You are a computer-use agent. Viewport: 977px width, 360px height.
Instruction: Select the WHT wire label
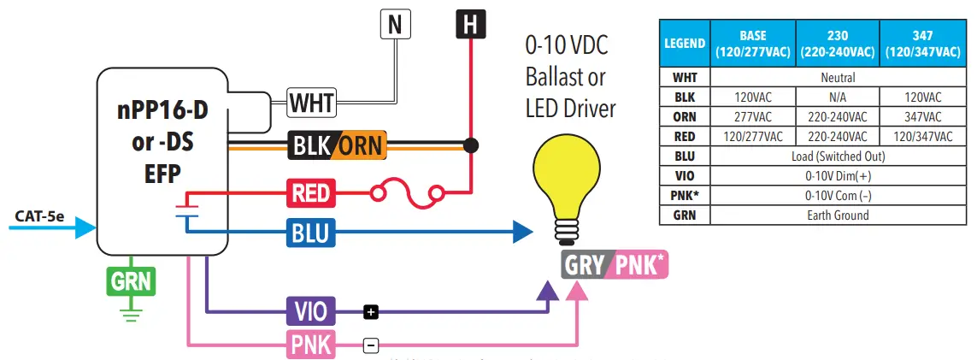coord(311,103)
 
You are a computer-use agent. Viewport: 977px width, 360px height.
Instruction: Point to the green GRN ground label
coord(129,280)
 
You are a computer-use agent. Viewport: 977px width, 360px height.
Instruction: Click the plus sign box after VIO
coord(370,312)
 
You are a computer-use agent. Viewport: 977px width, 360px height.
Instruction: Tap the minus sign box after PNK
coord(370,345)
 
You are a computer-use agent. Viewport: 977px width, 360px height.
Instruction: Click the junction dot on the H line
coord(468,145)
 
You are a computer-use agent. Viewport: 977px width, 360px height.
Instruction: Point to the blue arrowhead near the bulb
coord(522,230)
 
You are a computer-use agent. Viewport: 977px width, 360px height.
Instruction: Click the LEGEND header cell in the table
coord(685,44)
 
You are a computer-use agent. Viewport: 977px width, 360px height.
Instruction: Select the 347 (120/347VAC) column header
coord(923,44)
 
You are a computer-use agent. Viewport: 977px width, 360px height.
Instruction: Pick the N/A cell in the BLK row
coord(838,97)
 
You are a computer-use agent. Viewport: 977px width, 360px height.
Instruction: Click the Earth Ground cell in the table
coord(838,215)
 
